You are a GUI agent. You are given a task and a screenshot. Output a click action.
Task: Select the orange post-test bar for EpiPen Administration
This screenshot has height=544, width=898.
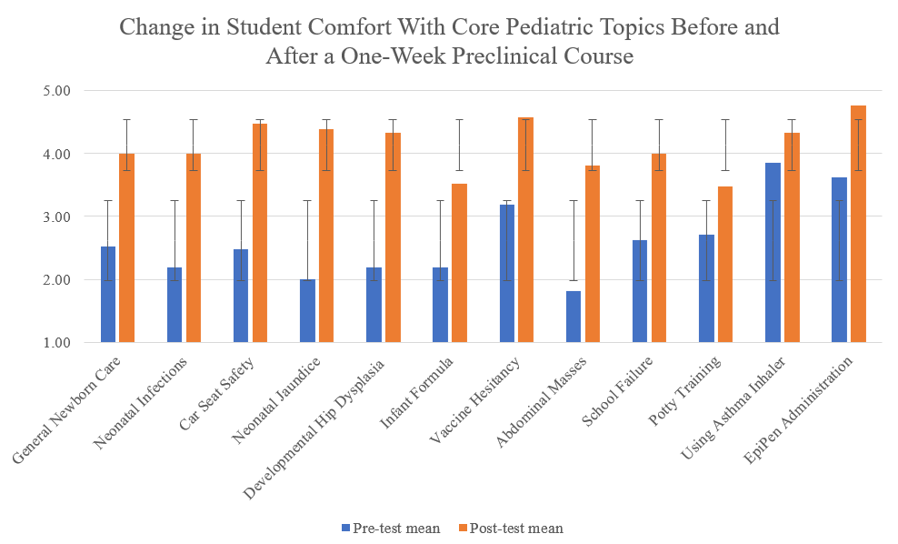pos(859,224)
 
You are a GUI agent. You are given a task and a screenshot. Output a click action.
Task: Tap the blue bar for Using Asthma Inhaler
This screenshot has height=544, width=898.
pos(773,253)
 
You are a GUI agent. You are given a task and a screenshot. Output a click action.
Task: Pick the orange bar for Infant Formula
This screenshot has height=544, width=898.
pos(459,263)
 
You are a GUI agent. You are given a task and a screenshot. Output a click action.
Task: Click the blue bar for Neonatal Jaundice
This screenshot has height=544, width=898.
pos(307,311)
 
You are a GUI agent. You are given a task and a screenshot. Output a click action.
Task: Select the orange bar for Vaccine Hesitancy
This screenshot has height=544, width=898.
pos(525,230)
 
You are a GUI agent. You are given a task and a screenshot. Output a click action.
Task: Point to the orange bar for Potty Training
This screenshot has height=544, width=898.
pos(725,264)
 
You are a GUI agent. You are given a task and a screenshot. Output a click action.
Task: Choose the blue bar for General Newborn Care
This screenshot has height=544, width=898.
pos(108,295)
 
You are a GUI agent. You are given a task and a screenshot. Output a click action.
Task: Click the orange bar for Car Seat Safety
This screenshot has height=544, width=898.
pos(260,233)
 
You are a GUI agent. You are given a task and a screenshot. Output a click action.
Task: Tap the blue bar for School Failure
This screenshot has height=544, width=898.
pos(640,291)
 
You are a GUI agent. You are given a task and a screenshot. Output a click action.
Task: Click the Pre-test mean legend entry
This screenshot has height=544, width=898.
pos(391,528)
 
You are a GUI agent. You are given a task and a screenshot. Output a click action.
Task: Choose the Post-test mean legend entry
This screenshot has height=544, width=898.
pos(512,528)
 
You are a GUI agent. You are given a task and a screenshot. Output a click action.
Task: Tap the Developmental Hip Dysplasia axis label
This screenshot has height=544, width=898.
pos(314,428)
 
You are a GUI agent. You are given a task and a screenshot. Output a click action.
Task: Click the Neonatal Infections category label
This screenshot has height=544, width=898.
pos(140,403)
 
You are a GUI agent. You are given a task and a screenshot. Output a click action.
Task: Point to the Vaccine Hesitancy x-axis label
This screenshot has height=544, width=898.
pos(474,400)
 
